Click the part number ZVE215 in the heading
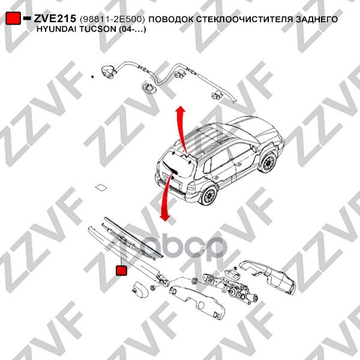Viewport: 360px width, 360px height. tap(55, 19)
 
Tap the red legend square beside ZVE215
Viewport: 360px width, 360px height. tap(13, 18)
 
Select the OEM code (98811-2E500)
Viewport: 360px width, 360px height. tap(113, 19)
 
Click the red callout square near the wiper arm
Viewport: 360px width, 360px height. tap(121, 270)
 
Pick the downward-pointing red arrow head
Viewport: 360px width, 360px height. tap(165, 218)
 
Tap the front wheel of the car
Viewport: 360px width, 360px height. tap(267, 163)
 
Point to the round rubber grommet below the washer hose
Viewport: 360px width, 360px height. tap(148, 88)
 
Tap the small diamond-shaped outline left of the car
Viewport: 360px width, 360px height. tap(101, 187)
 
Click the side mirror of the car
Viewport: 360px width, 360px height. tap(254, 149)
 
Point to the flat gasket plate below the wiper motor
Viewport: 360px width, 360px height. tap(197, 301)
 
